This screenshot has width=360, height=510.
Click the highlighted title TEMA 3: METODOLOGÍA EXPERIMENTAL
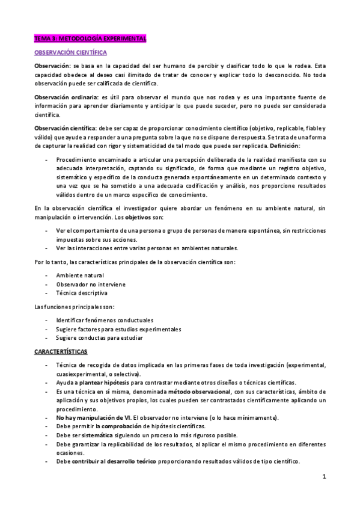90,38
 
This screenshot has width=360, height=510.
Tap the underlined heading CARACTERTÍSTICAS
61,351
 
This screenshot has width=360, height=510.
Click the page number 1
323,478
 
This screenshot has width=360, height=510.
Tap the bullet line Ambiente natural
80,275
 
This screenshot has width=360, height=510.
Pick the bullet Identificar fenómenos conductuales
105,320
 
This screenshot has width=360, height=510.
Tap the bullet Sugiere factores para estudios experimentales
118,329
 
